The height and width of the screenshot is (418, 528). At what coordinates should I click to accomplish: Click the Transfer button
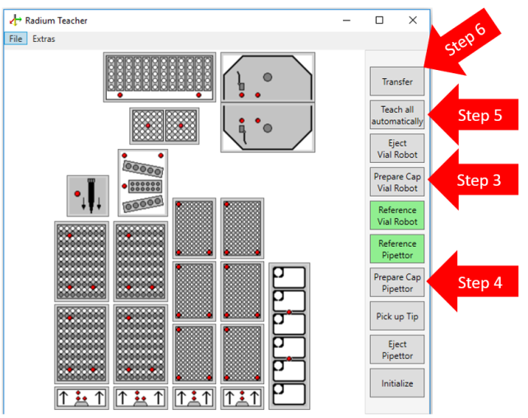pyautogui.click(x=396, y=81)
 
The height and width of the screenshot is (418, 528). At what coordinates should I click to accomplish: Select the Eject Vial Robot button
pyautogui.click(x=396, y=149)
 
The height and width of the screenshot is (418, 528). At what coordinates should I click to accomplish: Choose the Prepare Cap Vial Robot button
pyautogui.click(x=396, y=182)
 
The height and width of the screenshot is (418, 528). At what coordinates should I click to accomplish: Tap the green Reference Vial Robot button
pyautogui.click(x=396, y=216)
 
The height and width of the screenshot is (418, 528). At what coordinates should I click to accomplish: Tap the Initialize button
pyautogui.click(x=396, y=383)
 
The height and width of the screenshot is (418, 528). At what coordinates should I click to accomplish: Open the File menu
pyautogui.click(x=16, y=39)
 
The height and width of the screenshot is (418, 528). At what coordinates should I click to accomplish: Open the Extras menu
pyautogui.click(x=44, y=39)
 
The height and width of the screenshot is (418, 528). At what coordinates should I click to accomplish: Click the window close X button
pyautogui.click(x=413, y=21)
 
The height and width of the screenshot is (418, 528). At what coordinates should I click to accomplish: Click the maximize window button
pyautogui.click(x=379, y=21)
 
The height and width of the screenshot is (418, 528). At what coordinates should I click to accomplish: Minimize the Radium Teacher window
pyautogui.click(x=345, y=21)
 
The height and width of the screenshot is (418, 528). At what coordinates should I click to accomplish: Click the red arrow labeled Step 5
pyautogui.click(x=474, y=115)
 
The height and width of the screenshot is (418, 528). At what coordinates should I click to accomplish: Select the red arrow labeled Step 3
pyautogui.click(x=474, y=181)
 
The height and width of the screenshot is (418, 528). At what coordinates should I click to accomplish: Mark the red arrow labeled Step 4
pyautogui.click(x=474, y=283)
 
